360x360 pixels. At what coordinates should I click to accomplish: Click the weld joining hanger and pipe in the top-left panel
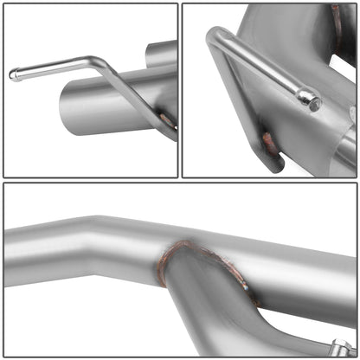(166, 120)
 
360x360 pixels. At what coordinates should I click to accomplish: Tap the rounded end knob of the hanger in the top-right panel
(308, 98)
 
